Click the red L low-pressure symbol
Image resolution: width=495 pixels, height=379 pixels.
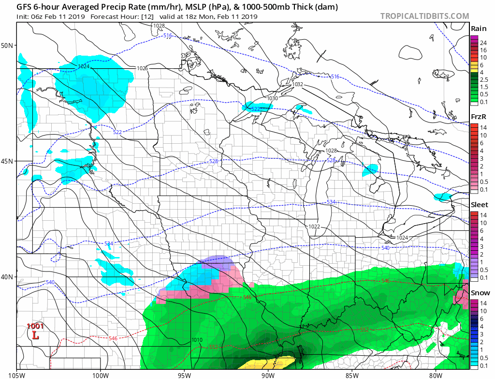35,335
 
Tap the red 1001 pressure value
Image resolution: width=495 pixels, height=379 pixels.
35,326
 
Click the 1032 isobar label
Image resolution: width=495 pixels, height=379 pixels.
298,84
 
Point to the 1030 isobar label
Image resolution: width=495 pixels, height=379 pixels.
273,98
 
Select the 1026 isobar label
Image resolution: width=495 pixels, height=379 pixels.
142,68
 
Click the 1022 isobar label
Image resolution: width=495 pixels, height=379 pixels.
314,226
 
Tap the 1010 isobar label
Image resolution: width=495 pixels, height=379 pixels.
197,340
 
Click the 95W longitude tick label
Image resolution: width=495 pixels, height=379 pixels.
184,374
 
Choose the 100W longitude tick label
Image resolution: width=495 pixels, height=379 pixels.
101,374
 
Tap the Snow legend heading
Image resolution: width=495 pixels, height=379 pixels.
480,293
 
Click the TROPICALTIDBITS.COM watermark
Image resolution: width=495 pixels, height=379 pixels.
424,16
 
